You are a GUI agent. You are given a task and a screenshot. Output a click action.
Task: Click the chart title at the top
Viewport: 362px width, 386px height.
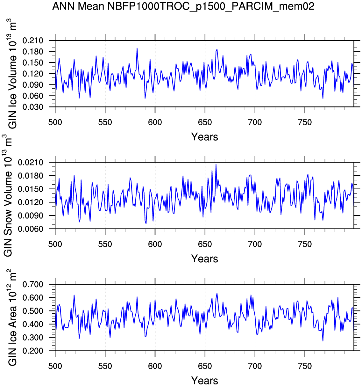[183, 6]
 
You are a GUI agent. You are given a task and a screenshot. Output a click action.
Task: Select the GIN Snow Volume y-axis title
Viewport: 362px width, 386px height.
[8, 196]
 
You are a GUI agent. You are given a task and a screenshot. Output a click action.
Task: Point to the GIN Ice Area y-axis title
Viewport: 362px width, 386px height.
[12, 318]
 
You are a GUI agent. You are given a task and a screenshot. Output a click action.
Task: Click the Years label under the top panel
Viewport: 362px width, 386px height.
[204, 137]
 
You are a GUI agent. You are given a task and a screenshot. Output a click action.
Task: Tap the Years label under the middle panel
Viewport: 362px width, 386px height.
[204, 259]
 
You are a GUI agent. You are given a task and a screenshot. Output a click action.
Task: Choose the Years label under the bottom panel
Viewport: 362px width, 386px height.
[204, 381]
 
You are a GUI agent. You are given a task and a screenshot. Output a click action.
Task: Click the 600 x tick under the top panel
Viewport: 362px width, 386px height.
[155, 122]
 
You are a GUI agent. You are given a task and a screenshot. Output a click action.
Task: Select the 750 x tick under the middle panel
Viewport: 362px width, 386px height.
[305, 244]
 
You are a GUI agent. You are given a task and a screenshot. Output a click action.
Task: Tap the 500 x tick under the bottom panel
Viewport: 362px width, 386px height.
[55, 366]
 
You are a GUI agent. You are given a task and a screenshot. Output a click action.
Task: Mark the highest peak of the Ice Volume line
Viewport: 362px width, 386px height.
[137, 48]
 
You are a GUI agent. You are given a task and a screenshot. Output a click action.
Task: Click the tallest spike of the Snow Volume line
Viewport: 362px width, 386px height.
[216, 164]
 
